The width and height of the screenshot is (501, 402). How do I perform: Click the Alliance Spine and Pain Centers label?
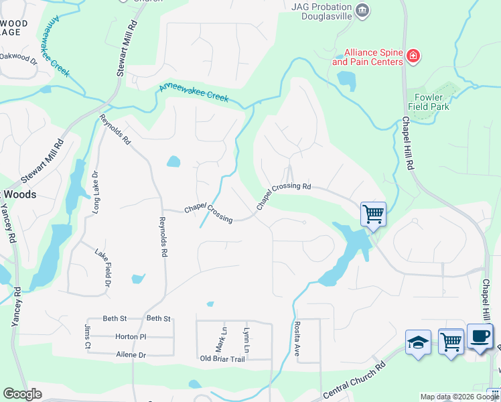click(x=368, y=57)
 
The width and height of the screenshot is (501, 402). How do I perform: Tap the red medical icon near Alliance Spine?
click(x=414, y=56)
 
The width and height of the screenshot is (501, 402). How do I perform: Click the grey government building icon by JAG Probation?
click(x=362, y=9)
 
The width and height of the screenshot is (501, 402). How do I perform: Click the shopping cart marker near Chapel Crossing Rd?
click(x=373, y=214)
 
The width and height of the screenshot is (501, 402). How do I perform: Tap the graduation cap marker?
click(x=418, y=342)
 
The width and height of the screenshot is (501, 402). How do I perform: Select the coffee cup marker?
click(x=479, y=336)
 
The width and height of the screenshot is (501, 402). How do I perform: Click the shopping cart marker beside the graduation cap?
click(x=451, y=341)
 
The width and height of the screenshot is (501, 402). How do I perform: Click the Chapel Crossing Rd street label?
click(x=285, y=194)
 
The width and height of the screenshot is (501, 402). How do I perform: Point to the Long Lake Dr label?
click(x=96, y=192)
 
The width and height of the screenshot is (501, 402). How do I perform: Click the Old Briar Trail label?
click(x=223, y=358)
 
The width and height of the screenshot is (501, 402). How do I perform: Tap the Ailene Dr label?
click(x=131, y=354)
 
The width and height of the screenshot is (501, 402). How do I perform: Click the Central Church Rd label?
click(x=354, y=381)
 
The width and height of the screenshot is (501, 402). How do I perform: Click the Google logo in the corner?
click(x=22, y=394)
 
